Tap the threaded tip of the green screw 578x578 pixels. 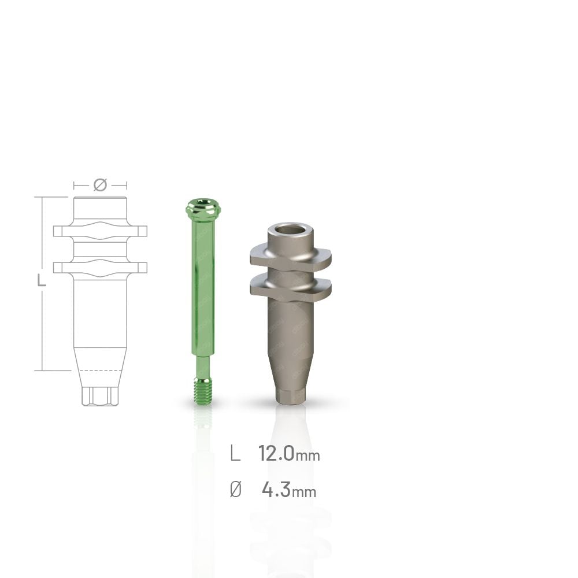click(x=202, y=392)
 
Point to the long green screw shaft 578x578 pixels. click(x=202, y=287)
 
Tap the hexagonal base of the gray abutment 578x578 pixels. click(x=290, y=397)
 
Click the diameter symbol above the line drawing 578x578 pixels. click(x=100, y=185)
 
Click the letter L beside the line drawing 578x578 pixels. click(x=41, y=281)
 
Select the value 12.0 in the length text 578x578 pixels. click(x=276, y=453)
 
